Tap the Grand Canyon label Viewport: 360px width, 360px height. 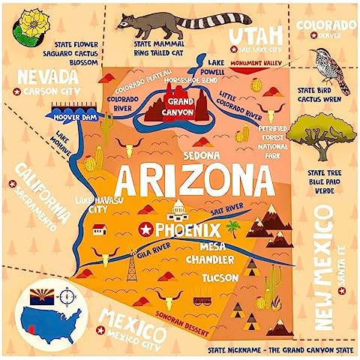coord(177,106)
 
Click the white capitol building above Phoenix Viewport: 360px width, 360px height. coord(178,210)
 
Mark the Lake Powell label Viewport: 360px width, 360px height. coord(216,67)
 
